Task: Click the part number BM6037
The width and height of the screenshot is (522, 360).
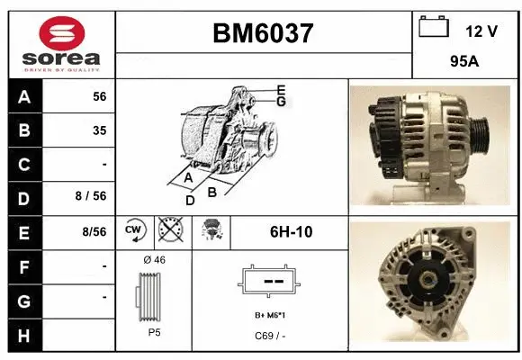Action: tap(263, 33)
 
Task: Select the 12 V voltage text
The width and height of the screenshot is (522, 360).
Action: tap(481, 31)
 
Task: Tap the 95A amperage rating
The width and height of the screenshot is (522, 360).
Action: tap(463, 64)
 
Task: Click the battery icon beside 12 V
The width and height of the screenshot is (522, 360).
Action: tap(434, 27)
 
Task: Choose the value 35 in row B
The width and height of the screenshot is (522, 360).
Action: tap(99, 130)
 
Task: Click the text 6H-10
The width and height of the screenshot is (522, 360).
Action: tap(291, 232)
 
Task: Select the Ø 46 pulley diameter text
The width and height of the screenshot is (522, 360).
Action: tap(154, 259)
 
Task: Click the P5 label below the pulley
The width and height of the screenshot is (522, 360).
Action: tap(154, 331)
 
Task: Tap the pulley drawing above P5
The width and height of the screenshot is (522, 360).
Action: tap(153, 295)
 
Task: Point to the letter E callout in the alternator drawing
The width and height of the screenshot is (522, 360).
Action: tap(281, 90)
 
